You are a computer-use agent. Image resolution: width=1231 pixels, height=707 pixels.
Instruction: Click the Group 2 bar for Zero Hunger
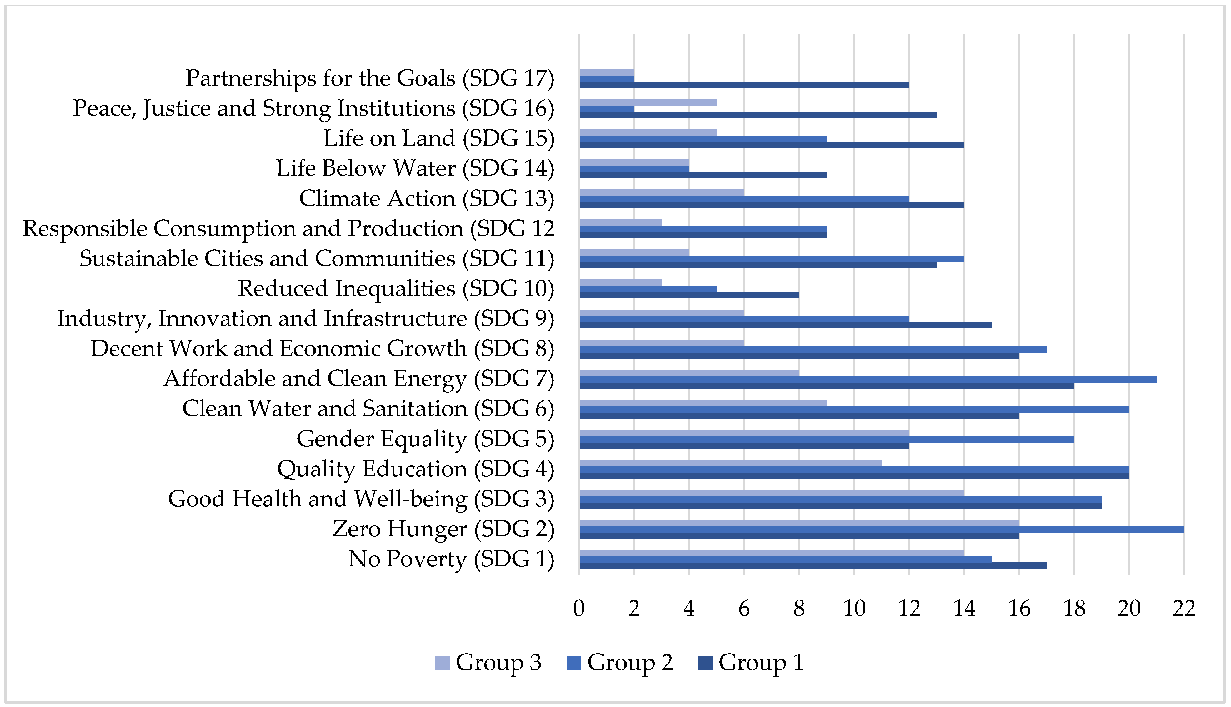click(882, 529)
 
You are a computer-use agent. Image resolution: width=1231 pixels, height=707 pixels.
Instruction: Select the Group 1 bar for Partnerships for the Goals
click(744, 85)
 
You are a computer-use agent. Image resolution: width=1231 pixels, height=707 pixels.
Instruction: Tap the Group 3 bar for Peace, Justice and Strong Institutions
click(648, 103)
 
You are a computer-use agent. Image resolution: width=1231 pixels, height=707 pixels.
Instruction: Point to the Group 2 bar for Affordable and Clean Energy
click(868, 379)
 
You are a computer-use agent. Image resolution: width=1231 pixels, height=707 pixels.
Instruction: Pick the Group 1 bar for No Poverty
click(813, 565)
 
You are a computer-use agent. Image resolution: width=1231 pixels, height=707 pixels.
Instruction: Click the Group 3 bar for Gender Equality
click(744, 433)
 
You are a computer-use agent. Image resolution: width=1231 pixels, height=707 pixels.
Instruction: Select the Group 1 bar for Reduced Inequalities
click(689, 295)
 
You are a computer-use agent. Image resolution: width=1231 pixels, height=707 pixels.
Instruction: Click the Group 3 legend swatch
click(442, 663)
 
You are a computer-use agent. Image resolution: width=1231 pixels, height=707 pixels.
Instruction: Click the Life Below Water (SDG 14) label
click(415, 168)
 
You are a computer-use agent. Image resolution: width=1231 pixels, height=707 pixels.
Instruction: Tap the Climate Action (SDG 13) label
click(426, 198)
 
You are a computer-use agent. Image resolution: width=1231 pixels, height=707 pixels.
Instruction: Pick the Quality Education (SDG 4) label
click(416, 469)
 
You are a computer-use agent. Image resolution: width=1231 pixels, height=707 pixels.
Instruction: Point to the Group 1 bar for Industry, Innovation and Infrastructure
click(785, 325)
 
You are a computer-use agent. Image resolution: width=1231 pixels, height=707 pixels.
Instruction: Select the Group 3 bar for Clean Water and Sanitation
click(703, 403)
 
